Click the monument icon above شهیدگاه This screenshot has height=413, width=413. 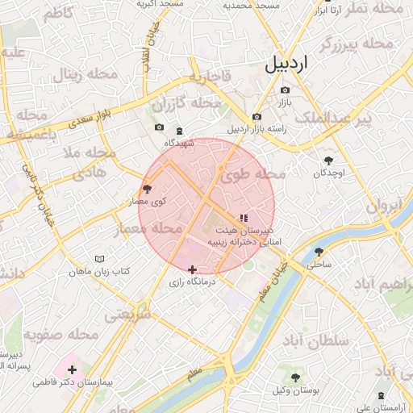pos(179,131)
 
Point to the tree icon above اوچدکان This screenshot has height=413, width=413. pos(328,161)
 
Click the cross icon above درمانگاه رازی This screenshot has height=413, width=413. pos(191,269)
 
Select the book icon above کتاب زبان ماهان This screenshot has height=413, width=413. pos(99,259)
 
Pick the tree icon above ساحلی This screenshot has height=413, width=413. pos(319,251)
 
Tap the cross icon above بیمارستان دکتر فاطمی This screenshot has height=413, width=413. pos(73,369)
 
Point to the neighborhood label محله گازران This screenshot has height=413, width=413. pos(186,104)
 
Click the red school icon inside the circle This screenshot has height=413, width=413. pos(244,218)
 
